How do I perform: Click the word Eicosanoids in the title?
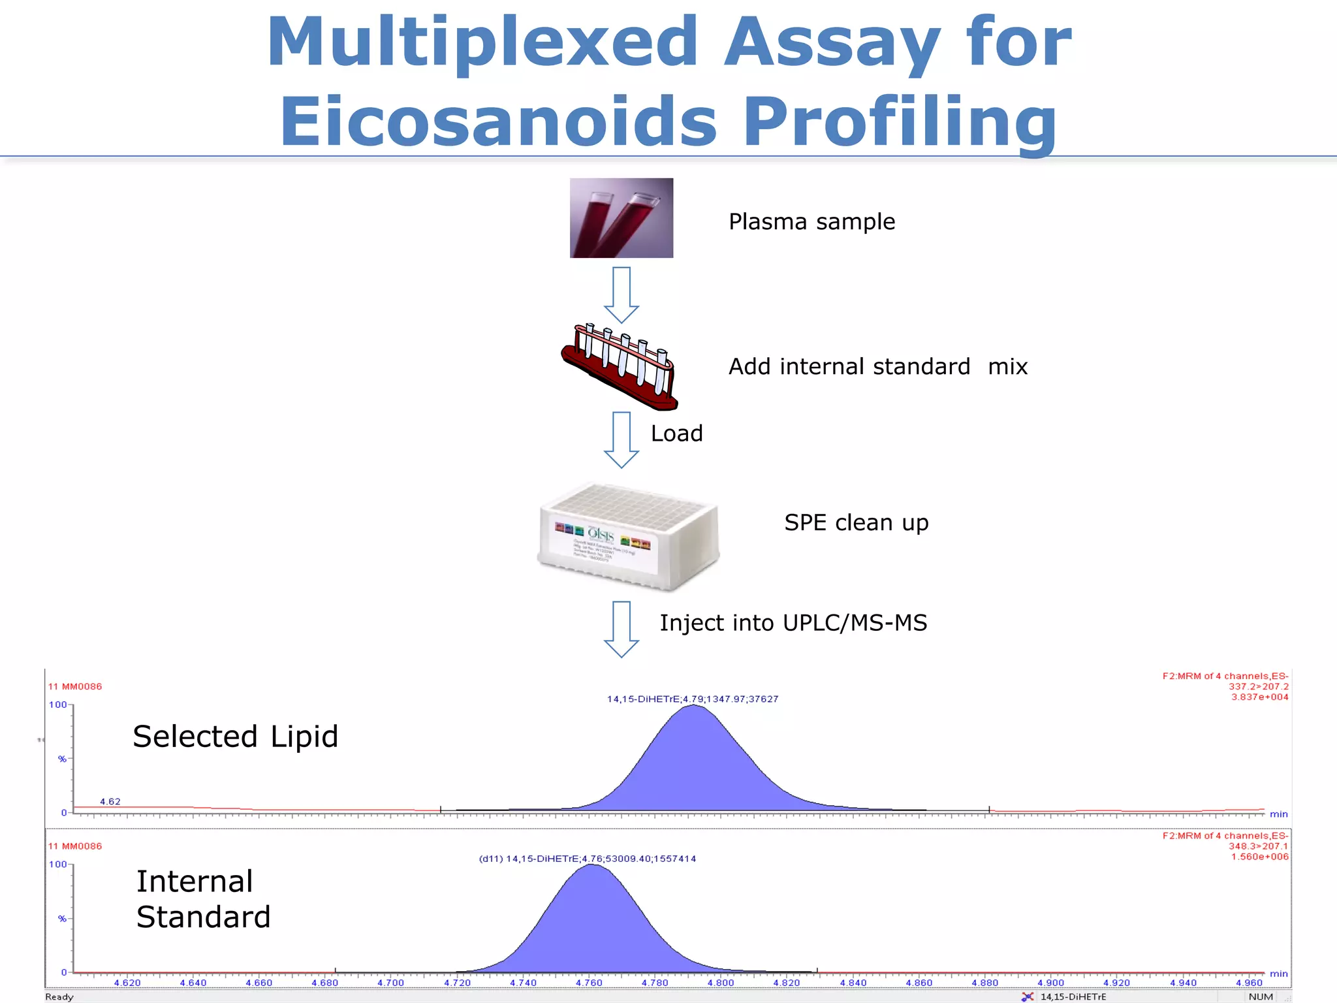coord(499,121)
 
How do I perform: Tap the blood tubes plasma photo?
coord(621,218)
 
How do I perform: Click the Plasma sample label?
coord(811,222)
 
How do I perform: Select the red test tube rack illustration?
coord(620,367)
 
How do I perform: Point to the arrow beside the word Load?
coord(621,439)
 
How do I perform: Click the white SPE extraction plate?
coord(629,537)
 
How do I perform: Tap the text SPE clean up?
coord(856,523)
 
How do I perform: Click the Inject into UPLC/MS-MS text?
coord(793,623)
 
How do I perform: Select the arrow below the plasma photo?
coord(621,295)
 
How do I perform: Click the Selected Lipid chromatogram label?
coord(235,737)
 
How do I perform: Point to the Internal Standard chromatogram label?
coord(202,899)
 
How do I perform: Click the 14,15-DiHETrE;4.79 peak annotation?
coord(692,699)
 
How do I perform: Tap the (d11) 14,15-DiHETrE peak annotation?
coord(587,859)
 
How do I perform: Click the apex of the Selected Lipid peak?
coord(693,707)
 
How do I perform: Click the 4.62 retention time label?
coord(110,801)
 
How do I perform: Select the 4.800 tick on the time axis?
coord(721,983)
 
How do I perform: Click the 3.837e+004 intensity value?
coord(1259,697)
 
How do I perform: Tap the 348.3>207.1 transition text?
coord(1258,846)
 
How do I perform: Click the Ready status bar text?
coord(59,996)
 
